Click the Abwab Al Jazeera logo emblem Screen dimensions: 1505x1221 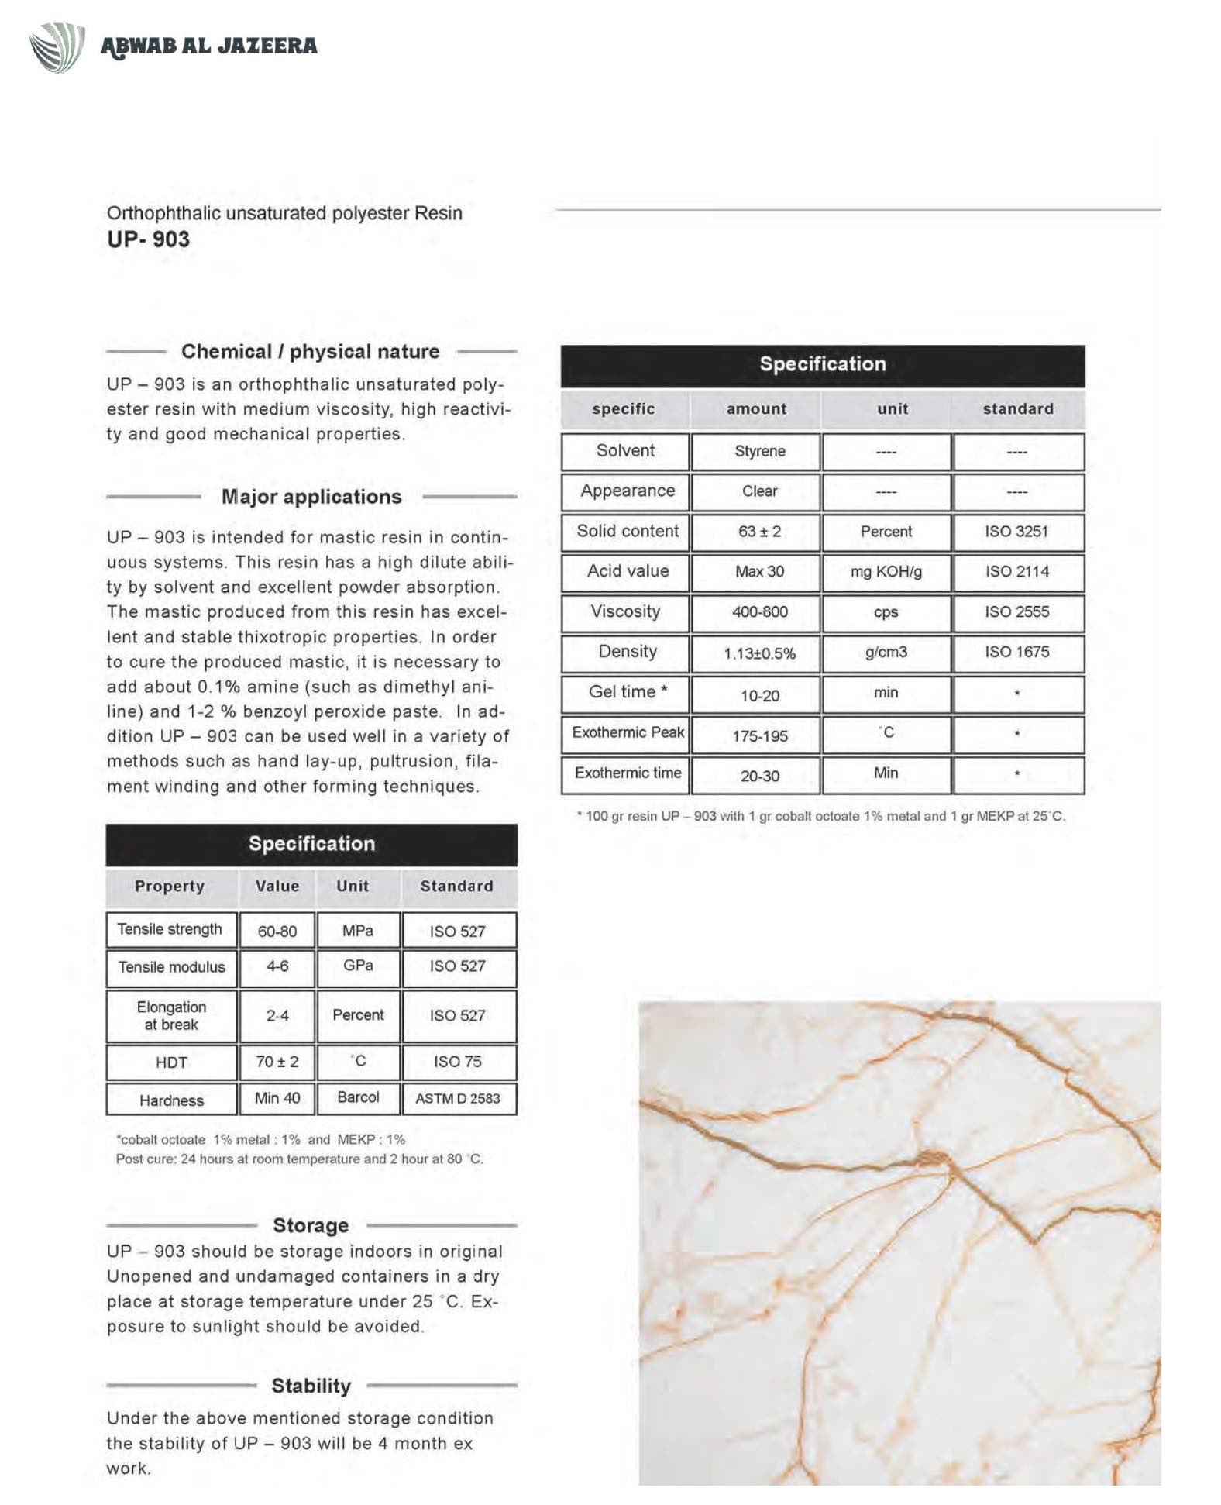pyautogui.click(x=57, y=46)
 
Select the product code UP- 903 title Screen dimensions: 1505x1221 pyautogui.click(x=148, y=239)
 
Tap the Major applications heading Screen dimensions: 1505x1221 pyautogui.click(x=311, y=497)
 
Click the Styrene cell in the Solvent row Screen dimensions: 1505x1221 pyautogui.click(x=759, y=451)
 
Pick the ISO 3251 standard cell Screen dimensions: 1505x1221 pyautogui.click(x=1016, y=532)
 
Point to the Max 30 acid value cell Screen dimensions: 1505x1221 pyautogui.click(x=759, y=572)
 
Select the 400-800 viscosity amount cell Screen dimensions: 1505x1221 pyautogui.click(x=759, y=612)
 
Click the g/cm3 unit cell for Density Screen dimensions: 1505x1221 pyautogui.click(x=886, y=653)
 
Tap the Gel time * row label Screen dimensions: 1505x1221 pyautogui.click(x=628, y=692)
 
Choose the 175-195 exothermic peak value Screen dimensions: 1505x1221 pyautogui.click(x=759, y=735)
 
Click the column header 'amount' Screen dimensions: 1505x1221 pyautogui.click(x=756, y=409)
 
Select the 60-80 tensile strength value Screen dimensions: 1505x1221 pyautogui.click(x=277, y=931)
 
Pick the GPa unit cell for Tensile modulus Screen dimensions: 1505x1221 pyautogui.click(x=358, y=966)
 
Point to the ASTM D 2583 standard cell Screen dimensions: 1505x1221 pyautogui.click(x=458, y=1098)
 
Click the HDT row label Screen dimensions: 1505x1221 pyautogui.click(x=171, y=1062)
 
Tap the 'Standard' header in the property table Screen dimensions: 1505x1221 pyautogui.click(x=456, y=887)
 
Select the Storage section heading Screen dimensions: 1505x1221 pyautogui.click(x=311, y=1225)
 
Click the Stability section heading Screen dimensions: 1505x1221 pyautogui.click(x=311, y=1386)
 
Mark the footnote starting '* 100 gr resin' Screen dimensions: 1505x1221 pyautogui.click(x=821, y=816)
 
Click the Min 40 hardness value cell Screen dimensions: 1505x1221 pyautogui.click(x=277, y=1098)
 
